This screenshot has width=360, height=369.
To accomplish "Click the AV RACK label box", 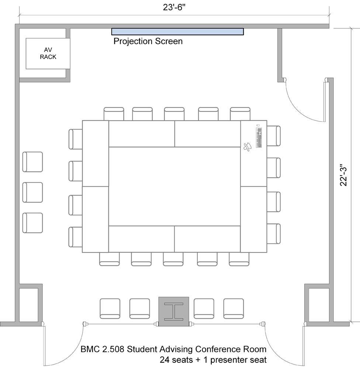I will [x=48, y=53].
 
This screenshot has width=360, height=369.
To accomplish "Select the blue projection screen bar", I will [x=177, y=31].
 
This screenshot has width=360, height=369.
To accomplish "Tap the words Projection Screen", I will [x=148, y=41].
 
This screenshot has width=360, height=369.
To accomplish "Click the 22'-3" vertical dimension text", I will [x=343, y=175].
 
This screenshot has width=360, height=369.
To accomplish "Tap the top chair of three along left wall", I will [x=32, y=162].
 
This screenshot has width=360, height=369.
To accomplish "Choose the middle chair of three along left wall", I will [x=32, y=192].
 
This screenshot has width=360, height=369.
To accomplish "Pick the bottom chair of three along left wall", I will [x=32, y=223].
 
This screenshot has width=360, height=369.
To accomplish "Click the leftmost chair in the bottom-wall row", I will [x=110, y=308].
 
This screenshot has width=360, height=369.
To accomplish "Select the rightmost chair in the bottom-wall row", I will [x=233, y=308].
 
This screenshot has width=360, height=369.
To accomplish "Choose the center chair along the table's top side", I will [x=174, y=114].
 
